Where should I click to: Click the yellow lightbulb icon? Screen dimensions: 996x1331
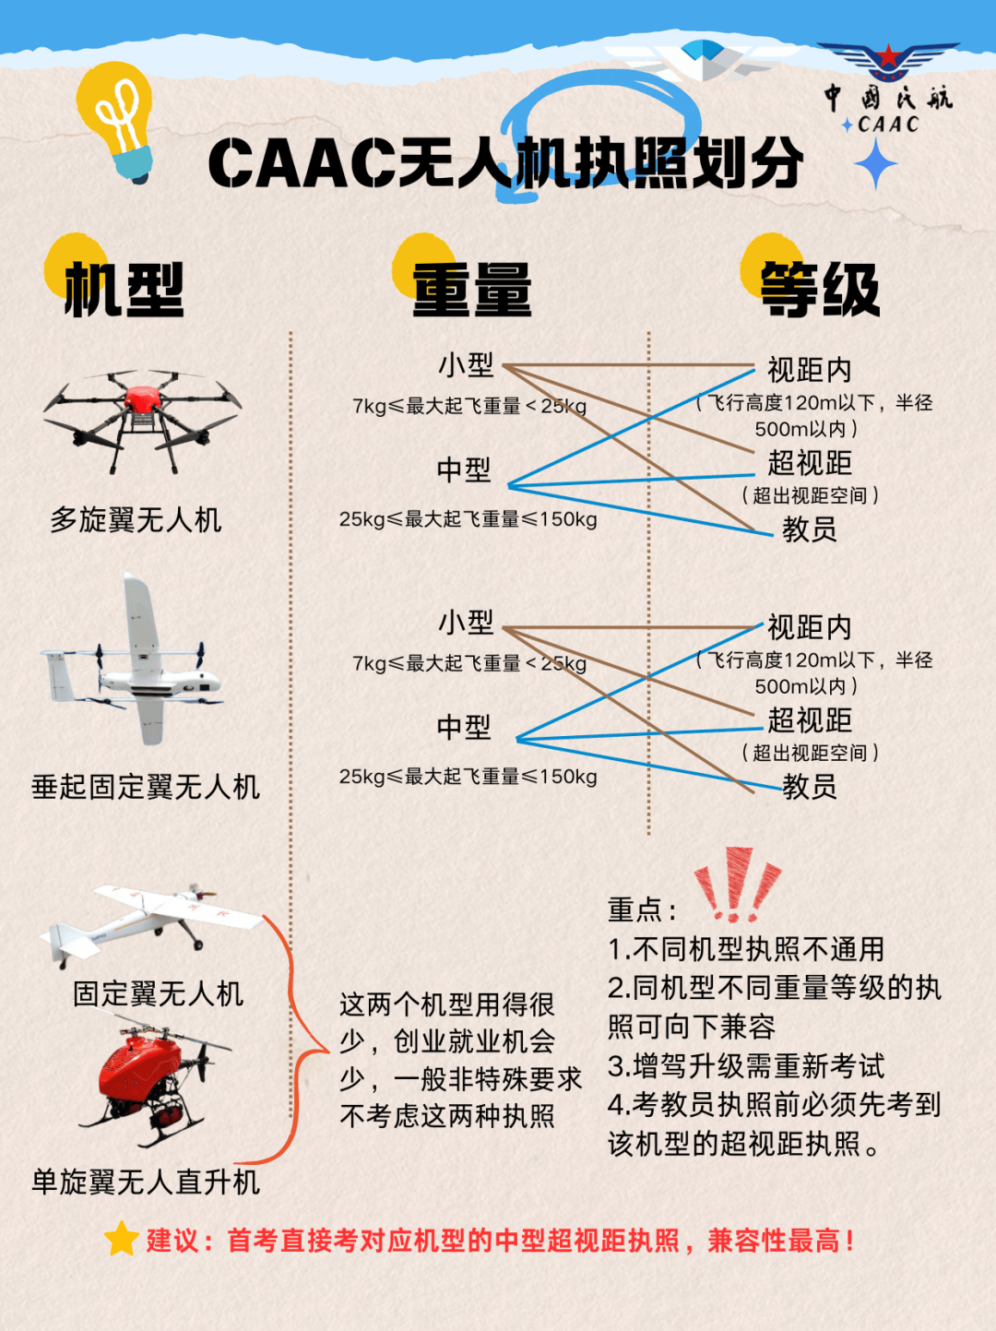[x=115, y=121]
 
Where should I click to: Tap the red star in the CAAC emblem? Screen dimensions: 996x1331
[x=889, y=56]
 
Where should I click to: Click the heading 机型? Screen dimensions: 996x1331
[x=125, y=290]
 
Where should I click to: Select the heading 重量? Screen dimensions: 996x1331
[x=472, y=290]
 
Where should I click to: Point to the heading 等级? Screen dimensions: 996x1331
[x=820, y=290]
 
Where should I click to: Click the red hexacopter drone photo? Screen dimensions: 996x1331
[x=142, y=421]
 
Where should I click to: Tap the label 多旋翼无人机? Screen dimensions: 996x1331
[x=136, y=519]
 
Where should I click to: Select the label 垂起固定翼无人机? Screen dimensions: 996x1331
[x=146, y=787]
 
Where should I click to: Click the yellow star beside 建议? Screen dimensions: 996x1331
[x=121, y=1238]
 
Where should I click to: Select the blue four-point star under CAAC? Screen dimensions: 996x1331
[x=875, y=163]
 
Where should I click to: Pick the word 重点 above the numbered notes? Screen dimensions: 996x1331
[x=634, y=909]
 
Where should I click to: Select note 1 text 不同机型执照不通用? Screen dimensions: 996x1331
[x=758, y=949]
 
